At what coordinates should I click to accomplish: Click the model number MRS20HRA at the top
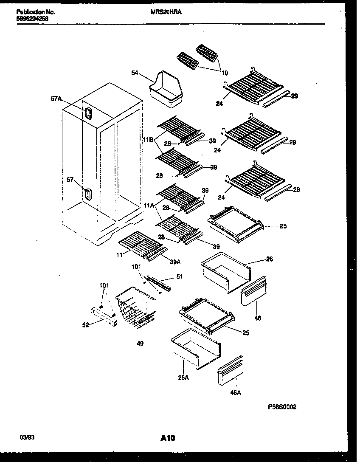pos(166,13)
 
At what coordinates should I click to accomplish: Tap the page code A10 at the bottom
pos(168,437)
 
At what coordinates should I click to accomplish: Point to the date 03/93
pos(25,437)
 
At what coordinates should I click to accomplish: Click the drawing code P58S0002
pos(282,406)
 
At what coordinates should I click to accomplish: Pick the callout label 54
pos(135,73)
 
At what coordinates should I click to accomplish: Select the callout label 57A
pos(56,99)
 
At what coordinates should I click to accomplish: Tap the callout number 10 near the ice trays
pos(225,73)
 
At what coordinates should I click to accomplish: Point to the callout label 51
pos(179,277)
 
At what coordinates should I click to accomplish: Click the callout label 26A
pos(183,376)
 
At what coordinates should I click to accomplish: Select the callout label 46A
pos(235,392)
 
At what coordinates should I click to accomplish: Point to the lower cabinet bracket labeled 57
pos(87,194)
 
